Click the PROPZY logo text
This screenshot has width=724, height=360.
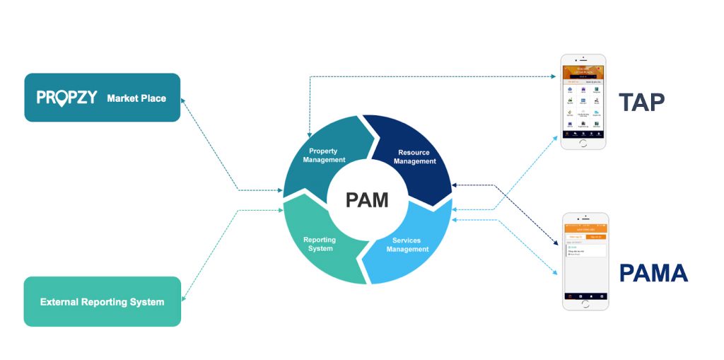66,98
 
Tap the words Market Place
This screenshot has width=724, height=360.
136,98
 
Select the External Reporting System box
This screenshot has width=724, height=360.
103,302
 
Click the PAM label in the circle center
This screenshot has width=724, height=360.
367,199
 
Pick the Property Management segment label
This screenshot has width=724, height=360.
324,155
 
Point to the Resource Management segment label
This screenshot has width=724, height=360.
414,156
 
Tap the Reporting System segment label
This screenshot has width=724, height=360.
320,244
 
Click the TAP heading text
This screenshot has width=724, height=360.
642,103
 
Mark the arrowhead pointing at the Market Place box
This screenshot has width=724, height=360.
184,101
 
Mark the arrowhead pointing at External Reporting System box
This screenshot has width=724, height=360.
184,300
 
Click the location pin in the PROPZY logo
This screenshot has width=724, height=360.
63,98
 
